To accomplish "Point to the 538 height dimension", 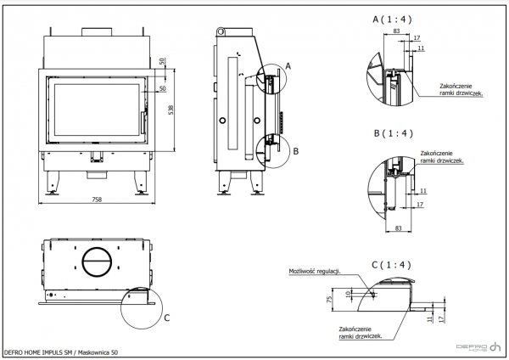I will (171, 110).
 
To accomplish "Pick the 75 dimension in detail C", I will (328, 299).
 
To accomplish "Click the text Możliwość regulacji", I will (314, 271).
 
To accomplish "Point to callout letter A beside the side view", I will (288, 65).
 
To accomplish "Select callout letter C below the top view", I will (165, 318).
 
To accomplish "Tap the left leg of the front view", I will (52, 182).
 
